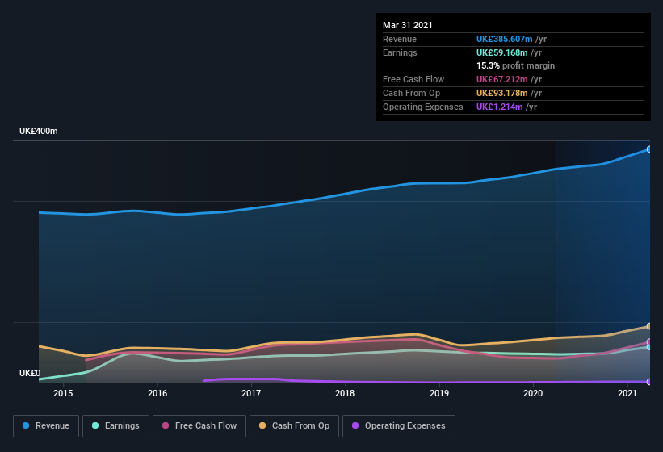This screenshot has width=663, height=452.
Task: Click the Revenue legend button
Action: (47, 425)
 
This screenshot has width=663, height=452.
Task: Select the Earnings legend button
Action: (116, 425)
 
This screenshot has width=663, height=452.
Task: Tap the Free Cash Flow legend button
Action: (199, 425)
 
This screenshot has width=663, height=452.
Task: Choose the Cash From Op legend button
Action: (294, 425)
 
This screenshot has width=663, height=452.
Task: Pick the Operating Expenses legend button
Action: (398, 425)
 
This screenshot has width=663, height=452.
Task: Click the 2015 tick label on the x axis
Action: (63, 393)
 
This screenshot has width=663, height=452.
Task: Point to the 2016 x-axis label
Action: (157, 393)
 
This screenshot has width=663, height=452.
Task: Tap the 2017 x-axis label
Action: (251, 393)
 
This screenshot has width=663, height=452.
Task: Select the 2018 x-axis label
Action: (345, 393)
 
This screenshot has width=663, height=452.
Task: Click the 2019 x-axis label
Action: (439, 393)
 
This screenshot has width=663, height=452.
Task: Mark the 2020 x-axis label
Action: (533, 393)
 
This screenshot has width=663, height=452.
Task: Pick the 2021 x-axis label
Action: (627, 393)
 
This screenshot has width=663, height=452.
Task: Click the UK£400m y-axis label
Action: (39, 131)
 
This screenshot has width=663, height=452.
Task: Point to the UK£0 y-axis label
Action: (31, 373)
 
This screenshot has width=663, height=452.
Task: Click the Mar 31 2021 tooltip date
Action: (408, 25)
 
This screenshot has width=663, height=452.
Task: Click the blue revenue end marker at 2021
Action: (648, 149)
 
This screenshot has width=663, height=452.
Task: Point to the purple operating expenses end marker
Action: (648, 382)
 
